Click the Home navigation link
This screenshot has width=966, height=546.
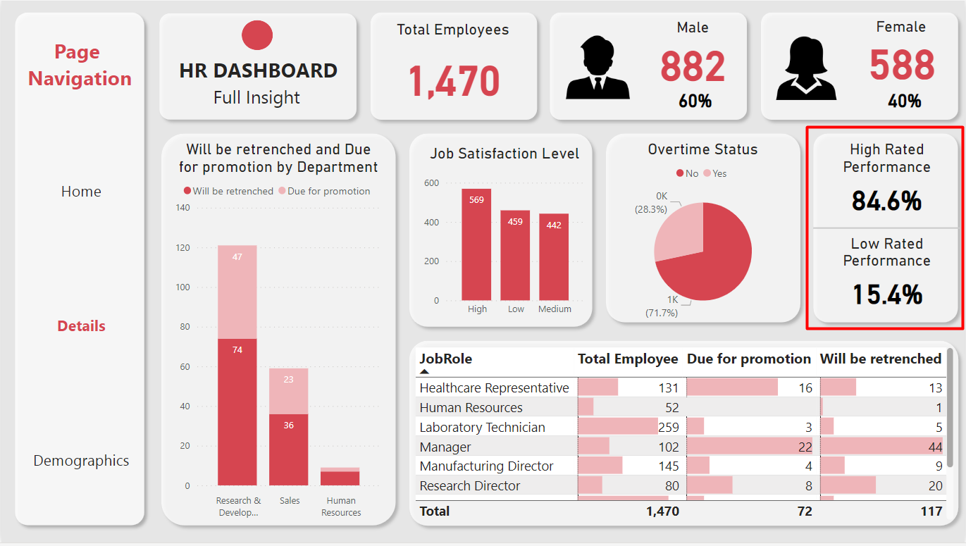pyautogui.click(x=81, y=192)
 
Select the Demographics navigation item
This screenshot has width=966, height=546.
pyautogui.click(x=81, y=461)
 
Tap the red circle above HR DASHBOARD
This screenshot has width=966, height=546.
pyautogui.click(x=257, y=35)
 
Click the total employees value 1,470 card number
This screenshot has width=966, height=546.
pyautogui.click(x=454, y=80)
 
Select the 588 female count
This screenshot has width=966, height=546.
pyautogui.click(x=901, y=66)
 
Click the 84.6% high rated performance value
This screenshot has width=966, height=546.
pyautogui.click(x=886, y=201)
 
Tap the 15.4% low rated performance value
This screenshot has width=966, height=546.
pyautogui.click(x=886, y=294)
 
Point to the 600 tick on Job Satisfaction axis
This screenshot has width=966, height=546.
pyautogui.click(x=431, y=183)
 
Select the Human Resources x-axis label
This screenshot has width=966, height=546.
pyautogui.click(x=341, y=507)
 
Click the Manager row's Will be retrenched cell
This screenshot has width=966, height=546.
pyautogui.click(x=881, y=447)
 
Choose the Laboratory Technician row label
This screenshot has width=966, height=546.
pyautogui.click(x=482, y=427)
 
